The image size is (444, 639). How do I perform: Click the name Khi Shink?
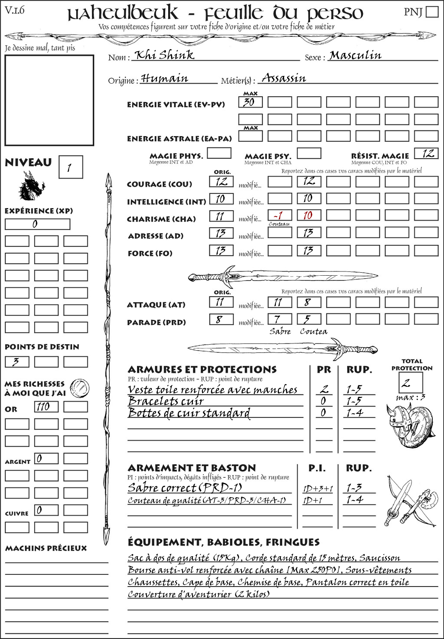pos(164,55)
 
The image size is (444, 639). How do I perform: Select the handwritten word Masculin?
pos(355,55)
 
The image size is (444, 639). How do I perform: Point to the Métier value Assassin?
pos(284,78)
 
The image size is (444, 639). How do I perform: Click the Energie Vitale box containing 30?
pos(250,102)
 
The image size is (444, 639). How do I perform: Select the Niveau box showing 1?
pos(70,167)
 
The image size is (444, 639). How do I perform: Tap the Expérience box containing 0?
pos(37,224)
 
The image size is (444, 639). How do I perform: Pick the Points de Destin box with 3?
pos(16,362)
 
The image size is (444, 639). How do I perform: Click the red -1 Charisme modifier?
pos(279,215)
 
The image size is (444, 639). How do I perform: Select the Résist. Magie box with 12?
pos(426,153)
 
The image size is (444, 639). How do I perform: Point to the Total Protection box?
pos(411,382)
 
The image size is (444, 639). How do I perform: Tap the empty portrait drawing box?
pos(49,100)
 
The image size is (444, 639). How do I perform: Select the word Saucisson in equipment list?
pos(379,558)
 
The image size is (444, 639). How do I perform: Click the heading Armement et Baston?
pos(192,468)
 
